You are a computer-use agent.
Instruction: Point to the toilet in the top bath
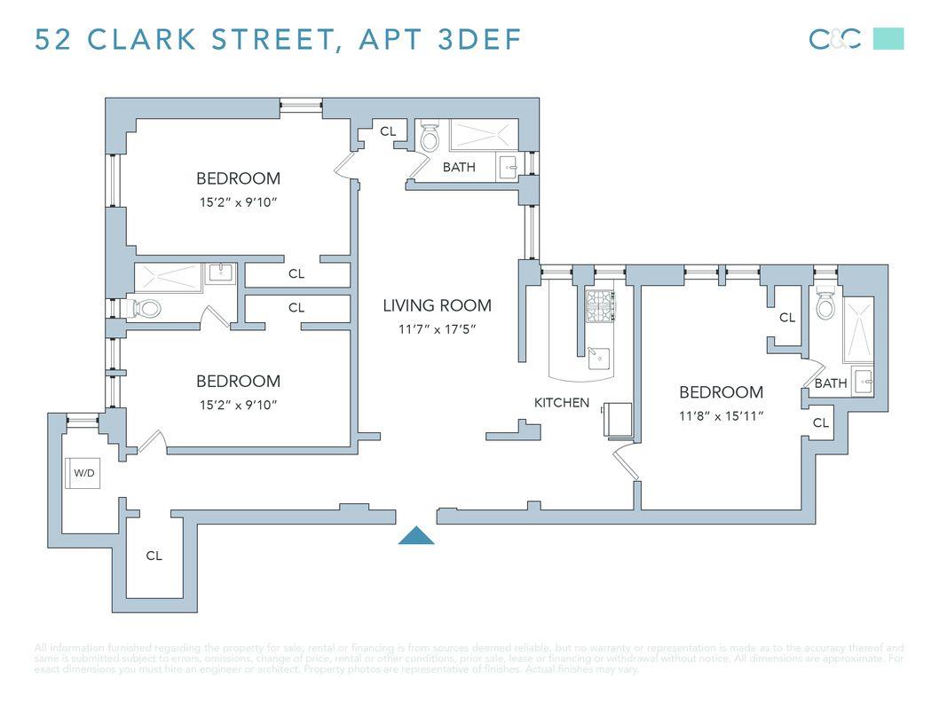click(430, 138)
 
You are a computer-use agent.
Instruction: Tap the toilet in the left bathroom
click(146, 309)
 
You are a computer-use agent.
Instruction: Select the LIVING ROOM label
click(437, 305)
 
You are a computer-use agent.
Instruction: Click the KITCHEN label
click(561, 402)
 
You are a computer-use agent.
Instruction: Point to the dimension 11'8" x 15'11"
click(721, 414)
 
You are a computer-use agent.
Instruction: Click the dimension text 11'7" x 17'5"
click(437, 329)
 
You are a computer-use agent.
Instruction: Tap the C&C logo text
click(834, 39)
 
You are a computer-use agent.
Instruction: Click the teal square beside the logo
click(888, 39)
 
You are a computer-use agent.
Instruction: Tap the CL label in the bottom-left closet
click(154, 556)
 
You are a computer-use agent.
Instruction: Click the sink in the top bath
click(509, 167)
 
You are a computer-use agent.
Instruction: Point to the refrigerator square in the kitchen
click(618, 419)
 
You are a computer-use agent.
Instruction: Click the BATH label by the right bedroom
click(831, 383)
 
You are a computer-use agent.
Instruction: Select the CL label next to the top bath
click(388, 131)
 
